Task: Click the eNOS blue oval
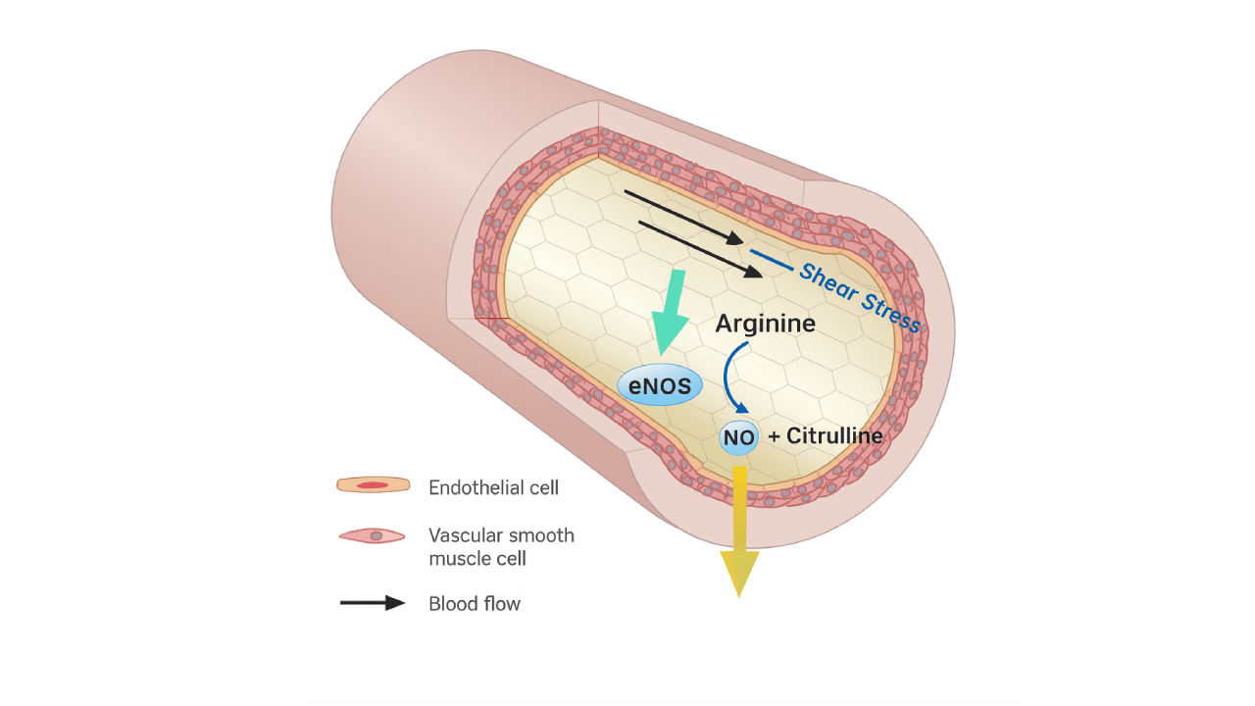(660, 386)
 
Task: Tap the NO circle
(739, 437)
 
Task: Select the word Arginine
(765, 323)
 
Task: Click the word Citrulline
(834, 435)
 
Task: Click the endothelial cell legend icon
(373, 485)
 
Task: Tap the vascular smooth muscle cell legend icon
(373, 536)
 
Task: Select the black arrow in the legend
(373, 603)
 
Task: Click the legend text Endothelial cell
(493, 486)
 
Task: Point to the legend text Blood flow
(475, 604)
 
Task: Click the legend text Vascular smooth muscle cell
(501, 547)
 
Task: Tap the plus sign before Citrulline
(774, 436)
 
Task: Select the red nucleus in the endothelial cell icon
(373, 485)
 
